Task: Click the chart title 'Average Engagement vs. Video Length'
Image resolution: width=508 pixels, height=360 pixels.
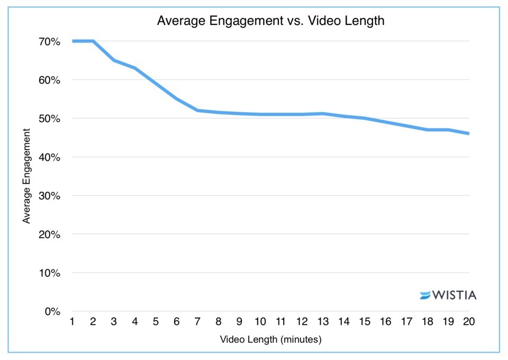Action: coord(270,21)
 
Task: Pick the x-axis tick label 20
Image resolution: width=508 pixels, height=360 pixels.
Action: coord(468,322)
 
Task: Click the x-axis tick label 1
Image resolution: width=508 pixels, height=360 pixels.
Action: coord(72,322)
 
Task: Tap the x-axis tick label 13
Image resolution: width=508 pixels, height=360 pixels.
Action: coord(322,322)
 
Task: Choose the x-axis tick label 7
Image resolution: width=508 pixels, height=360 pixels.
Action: coord(197,322)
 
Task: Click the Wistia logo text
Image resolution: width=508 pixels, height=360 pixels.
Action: coord(455,295)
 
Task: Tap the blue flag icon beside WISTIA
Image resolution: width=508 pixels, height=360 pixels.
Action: coord(425,295)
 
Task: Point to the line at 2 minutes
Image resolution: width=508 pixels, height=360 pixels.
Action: coord(93,41)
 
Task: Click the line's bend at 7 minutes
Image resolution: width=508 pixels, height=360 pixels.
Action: coord(197,110)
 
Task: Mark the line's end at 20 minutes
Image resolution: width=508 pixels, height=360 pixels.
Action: coord(468,133)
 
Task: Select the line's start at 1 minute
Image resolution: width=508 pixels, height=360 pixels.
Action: coord(72,41)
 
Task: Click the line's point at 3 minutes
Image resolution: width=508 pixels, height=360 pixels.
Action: coord(114,60)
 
